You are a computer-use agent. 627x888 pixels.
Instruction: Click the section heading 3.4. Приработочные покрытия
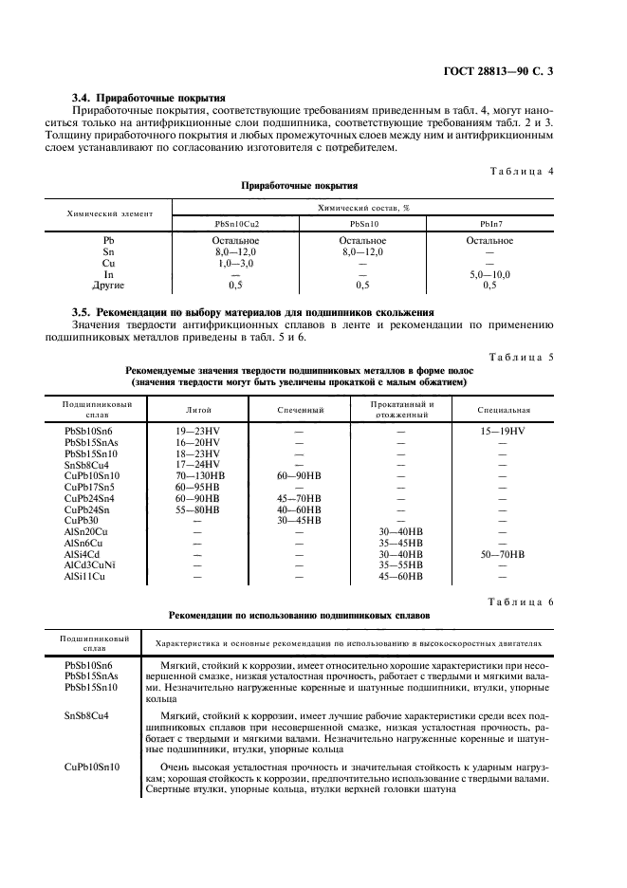pos(148,97)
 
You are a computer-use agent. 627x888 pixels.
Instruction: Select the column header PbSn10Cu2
pos(235,223)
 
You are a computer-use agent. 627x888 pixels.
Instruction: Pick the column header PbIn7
pos(489,223)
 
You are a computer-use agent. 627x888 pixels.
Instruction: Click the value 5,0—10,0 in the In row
pos(489,274)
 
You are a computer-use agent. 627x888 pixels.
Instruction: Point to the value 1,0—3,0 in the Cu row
pos(235,263)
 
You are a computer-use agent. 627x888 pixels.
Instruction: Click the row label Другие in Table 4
pos(109,285)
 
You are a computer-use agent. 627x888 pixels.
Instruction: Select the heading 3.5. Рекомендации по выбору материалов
pos(253,312)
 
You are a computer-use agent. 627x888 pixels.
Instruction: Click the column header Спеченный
pos(301,410)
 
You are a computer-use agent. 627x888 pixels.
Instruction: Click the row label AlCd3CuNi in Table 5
pos(89,564)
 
